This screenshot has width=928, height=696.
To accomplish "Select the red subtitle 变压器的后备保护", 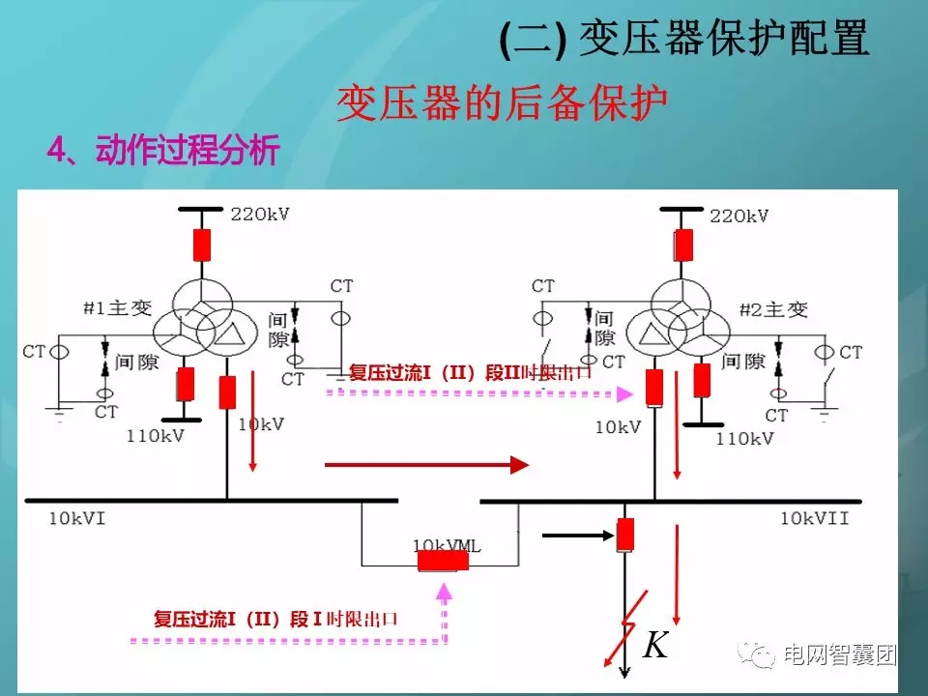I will [x=502, y=103].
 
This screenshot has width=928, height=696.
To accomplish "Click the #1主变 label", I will [x=118, y=308].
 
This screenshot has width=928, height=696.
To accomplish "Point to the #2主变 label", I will [x=773, y=310].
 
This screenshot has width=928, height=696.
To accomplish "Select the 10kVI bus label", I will [x=76, y=519].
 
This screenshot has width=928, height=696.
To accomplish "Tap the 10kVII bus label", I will [x=814, y=519].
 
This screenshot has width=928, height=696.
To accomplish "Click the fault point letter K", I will [x=655, y=646].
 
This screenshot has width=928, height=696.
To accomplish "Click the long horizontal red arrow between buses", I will [x=426, y=466].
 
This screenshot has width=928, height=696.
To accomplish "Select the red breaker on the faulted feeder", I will [x=624, y=534].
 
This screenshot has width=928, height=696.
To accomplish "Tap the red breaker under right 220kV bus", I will [x=683, y=245].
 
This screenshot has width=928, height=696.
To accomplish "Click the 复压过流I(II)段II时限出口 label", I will [x=463, y=372].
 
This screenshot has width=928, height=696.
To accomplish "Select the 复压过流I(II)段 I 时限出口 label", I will [x=276, y=620].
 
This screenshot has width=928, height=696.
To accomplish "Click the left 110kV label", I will [x=155, y=435].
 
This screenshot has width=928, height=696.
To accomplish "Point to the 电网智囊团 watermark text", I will [x=840, y=655].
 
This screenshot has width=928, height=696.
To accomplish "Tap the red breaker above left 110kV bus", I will [x=186, y=385].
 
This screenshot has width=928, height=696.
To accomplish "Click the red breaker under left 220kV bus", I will [x=201, y=246].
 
